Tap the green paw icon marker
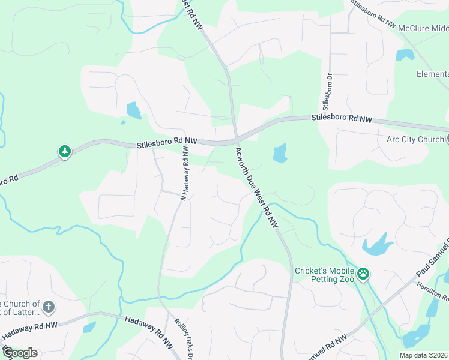[363, 274]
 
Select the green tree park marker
[64, 151]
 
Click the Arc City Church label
[411, 139]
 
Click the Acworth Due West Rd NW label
[257, 187]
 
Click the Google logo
[20, 353]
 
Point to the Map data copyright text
[424, 355]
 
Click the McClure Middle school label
[423, 28]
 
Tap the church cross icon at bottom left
[49, 308]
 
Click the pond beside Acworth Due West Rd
[280, 154]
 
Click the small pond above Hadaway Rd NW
[89, 327]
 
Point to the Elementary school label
[432, 74]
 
